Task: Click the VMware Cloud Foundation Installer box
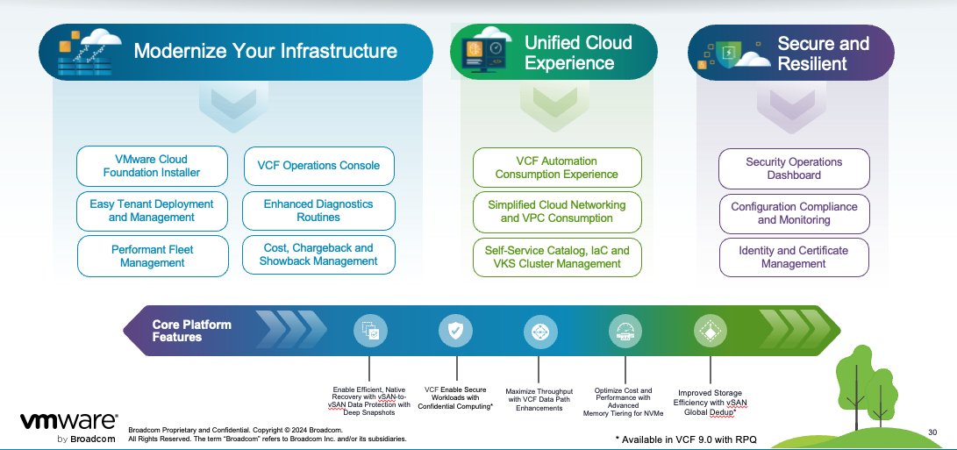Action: (x=145, y=166)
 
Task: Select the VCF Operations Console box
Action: (x=318, y=166)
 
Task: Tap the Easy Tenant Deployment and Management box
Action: (x=152, y=211)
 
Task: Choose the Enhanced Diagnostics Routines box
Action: (x=318, y=211)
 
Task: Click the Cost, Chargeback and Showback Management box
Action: (x=318, y=254)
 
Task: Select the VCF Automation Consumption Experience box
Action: (x=557, y=168)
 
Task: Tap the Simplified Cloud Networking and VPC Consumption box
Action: (x=557, y=211)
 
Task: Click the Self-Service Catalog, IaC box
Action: (x=557, y=257)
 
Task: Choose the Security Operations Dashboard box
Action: (x=794, y=168)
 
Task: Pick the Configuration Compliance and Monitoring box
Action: (x=794, y=213)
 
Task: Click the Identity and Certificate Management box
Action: (x=794, y=257)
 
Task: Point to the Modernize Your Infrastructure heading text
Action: (x=265, y=51)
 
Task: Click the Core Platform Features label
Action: (x=192, y=331)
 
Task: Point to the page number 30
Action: (x=932, y=432)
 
